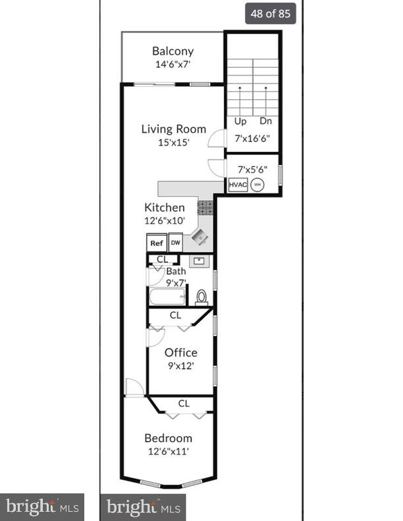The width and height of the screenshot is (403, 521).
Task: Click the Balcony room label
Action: [x=173, y=51]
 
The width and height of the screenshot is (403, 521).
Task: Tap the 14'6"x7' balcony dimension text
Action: [x=173, y=64]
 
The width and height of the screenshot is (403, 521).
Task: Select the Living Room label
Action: [x=173, y=129]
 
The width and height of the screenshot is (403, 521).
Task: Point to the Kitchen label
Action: [x=165, y=207]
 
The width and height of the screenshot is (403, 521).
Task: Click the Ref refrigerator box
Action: [x=156, y=243]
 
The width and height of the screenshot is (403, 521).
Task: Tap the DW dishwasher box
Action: [x=175, y=243]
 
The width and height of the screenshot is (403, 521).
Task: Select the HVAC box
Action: [x=238, y=185]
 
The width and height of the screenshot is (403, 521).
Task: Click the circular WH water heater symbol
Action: [x=257, y=185]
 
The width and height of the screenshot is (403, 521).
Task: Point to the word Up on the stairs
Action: [x=240, y=121]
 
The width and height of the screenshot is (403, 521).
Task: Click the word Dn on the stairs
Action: [x=265, y=121]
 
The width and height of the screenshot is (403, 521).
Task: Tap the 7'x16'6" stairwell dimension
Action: [x=253, y=139]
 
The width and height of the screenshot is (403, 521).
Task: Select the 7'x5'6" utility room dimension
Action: [x=252, y=168]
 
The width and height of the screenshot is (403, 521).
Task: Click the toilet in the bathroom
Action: [x=201, y=297]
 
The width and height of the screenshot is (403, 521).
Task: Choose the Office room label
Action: [x=180, y=353]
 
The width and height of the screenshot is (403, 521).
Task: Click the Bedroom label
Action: [x=169, y=438]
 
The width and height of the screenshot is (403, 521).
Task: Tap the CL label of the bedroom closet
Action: [x=184, y=403]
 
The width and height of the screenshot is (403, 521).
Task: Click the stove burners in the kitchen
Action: [x=205, y=208]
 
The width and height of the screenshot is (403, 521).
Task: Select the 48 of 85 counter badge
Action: [x=271, y=13]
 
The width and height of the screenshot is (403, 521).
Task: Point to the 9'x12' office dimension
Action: [x=180, y=366]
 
